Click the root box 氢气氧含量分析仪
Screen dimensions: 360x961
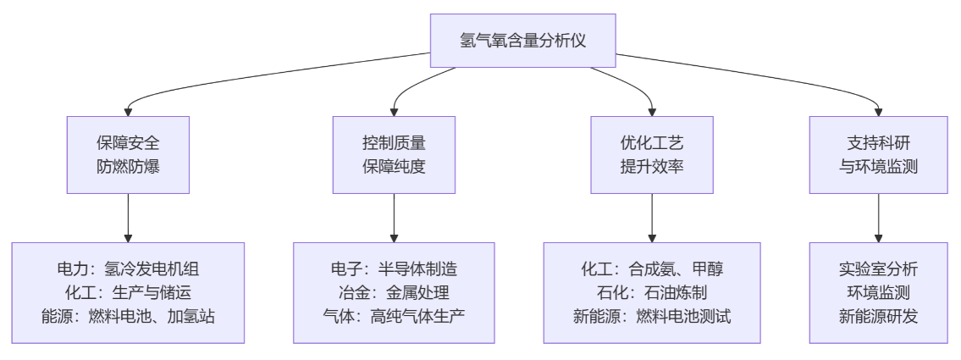click(x=522, y=40)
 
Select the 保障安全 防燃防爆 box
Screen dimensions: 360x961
click(x=128, y=154)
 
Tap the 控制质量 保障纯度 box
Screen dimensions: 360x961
click(x=394, y=154)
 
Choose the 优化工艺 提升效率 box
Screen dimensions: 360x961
click(x=652, y=154)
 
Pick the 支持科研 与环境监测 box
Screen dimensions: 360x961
click(x=878, y=154)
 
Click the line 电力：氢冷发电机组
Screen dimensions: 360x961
click(x=128, y=269)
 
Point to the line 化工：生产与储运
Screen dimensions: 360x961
click(x=128, y=293)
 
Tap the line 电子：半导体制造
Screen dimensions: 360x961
click(x=394, y=269)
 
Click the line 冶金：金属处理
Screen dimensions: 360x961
click(x=394, y=293)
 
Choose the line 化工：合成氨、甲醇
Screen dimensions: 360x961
click(x=652, y=269)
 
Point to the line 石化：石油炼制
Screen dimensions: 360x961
click(x=652, y=293)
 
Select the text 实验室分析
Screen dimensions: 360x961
click(x=878, y=269)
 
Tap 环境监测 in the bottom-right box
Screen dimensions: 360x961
click(x=878, y=293)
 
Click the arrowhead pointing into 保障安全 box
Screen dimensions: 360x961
click(x=128, y=110)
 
